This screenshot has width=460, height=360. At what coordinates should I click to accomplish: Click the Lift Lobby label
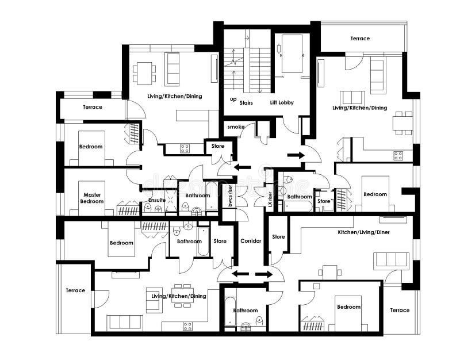(282, 102)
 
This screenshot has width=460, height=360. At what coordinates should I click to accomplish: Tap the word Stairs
(246, 103)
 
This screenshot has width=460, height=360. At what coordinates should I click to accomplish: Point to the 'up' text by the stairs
(233, 99)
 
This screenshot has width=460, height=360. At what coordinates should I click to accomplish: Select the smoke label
(236, 127)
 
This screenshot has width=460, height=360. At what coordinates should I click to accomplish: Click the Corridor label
(251, 241)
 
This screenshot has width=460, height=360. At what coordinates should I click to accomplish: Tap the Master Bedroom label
(92, 198)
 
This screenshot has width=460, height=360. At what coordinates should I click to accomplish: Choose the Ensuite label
(157, 200)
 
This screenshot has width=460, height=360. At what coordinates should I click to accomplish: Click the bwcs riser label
(231, 196)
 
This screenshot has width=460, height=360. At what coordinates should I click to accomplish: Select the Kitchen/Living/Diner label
(364, 232)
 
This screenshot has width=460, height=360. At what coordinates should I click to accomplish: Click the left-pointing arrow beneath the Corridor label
(240, 274)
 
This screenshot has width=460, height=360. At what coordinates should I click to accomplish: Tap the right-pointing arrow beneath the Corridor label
(264, 274)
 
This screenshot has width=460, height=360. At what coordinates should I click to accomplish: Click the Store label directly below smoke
(218, 146)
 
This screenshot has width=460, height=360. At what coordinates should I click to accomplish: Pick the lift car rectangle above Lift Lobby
(292, 53)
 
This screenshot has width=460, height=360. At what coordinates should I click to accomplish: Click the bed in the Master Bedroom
(91, 198)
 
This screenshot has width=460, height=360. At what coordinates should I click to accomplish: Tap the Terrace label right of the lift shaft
(360, 39)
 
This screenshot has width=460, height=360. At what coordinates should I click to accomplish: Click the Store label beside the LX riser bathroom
(324, 201)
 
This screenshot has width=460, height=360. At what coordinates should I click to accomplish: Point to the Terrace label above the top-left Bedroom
(93, 107)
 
